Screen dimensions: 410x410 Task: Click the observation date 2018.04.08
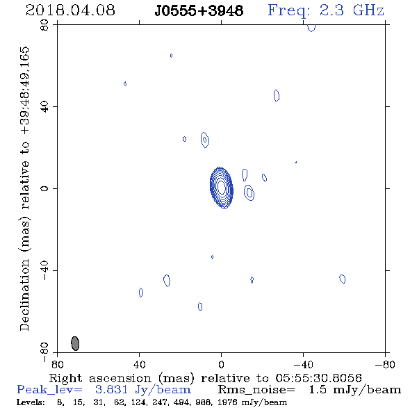pyautogui.click(x=70, y=10)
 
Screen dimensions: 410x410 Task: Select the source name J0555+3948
pyautogui.click(x=199, y=11)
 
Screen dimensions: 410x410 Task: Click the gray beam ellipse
pyautogui.click(x=75, y=343)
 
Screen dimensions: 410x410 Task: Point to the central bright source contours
pyautogui.click(x=222, y=188)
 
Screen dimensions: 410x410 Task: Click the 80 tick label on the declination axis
pyautogui.click(x=44, y=25)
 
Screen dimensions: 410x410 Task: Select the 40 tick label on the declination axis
pyautogui.click(x=44, y=107)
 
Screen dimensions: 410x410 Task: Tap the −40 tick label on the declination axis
pyautogui.click(x=44, y=270)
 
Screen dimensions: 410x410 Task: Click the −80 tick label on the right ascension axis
pyautogui.click(x=384, y=364)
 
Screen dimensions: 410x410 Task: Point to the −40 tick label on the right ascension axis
pyautogui.click(x=303, y=364)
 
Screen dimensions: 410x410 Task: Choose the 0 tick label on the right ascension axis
pyautogui.click(x=221, y=364)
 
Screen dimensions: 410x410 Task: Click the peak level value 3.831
pyautogui.click(x=111, y=390)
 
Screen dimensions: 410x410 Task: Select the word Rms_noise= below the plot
pyautogui.click(x=256, y=390)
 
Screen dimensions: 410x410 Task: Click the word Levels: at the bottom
pyautogui.click(x=31, y=402)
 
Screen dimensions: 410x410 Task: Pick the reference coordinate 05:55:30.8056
pyautogui.click(x=318, y=378)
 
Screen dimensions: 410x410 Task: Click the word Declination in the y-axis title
pyautogui.click(x=24, y=295)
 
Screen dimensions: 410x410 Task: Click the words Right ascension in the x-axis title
pyautogui.click(x=100, y=378)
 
